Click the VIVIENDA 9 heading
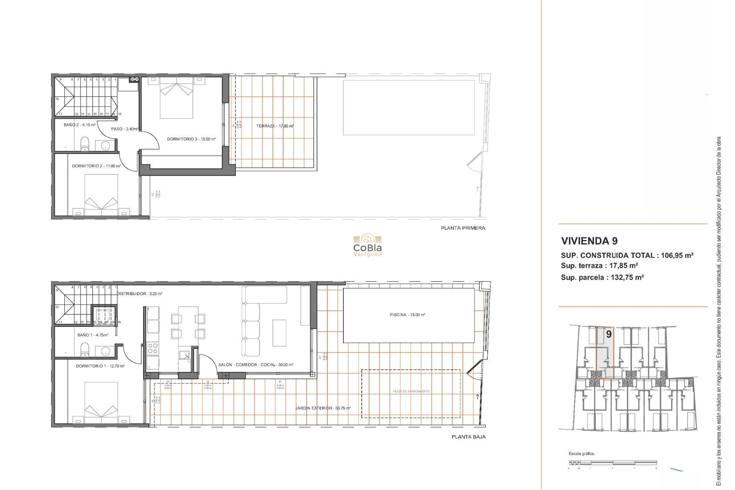pyautogui.click(x=589, y=241)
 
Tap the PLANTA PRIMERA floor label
pyautogui.click(x=463, y=228)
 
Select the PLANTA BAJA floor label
pyautogui.click(x=468, y=437)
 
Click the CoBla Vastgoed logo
pyautogui.click(x=367, y=246)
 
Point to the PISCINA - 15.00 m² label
pyautogui.click(x=407, y=315)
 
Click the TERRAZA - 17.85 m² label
pyautogui.click(x=275, y=126)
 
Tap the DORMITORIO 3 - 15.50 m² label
pyautogui.click(x=191, y=139)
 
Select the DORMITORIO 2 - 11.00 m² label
pyautogui.click(x=96, y=166)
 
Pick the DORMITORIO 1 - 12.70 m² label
pyautogui.click(x=100, y=366)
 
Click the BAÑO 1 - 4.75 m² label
pyautogui.click(x=93, y=335)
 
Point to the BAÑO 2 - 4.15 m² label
pyautogui.click(x=80, y=125)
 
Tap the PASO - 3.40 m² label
pyautogui.click(x=124, y=129)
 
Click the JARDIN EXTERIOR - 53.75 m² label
pyautogui.click(x=323, y=408)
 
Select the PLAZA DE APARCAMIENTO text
pyautogui.click(x=411, y=391)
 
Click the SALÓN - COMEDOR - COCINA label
pyautogui.click(x=256, y=365)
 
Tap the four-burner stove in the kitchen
pyautogui.click(x=153, y=348)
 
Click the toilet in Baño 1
pyautogui.click(x=85, y=350)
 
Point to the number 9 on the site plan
pyautogui.click(x=609, y=334)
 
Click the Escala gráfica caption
pyautogui.click(x=581, y=454)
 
